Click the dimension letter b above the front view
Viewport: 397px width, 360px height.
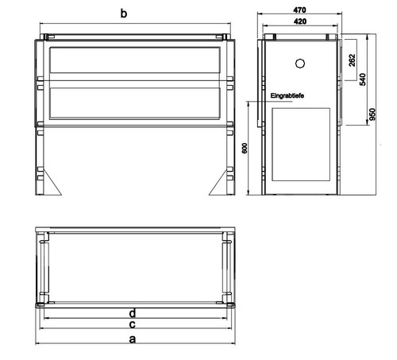click(124, 14)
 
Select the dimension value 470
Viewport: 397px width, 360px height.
click(299, 10)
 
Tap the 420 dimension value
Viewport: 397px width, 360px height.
click(300, 21)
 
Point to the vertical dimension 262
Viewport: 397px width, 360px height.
click(352, 60)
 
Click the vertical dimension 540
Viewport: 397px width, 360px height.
click(363, 79)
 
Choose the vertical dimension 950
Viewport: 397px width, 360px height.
click(372, 114)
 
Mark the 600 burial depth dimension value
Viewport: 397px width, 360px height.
click(245, 148)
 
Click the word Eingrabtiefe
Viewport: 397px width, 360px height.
click(287, 95)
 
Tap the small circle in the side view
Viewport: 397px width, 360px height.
click(300, 64)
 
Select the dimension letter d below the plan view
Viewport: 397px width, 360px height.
click(133, 313)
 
